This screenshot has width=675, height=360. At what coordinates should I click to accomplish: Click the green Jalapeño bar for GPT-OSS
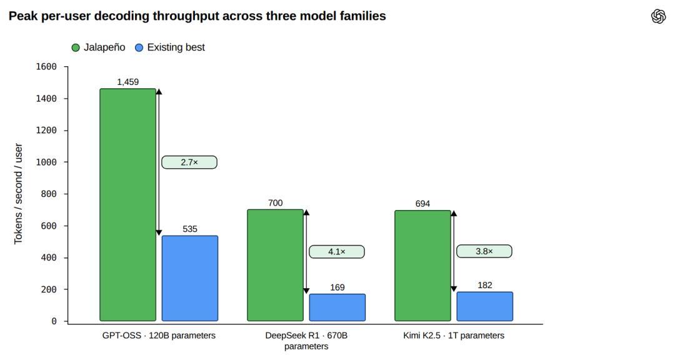[128, 204]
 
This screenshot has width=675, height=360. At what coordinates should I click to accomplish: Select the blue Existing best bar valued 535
[190, 278]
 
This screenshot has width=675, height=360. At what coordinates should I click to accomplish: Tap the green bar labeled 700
[275, 265]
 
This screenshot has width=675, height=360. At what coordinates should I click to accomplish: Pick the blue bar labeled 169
[337, 307]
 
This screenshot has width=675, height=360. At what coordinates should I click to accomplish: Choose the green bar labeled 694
[422, 266]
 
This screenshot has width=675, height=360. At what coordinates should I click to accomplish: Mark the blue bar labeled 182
[485, 307]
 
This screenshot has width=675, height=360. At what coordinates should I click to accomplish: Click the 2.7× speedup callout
[189, 162]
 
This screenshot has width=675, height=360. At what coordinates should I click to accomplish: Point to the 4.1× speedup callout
[337, 251]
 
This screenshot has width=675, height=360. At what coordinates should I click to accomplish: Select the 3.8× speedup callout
[484, 251]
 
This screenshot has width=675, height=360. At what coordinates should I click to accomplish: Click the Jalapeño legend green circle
[76, 47]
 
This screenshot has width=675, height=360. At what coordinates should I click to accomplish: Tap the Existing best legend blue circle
[139, 47]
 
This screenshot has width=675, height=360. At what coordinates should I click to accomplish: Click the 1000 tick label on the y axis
[46, 162]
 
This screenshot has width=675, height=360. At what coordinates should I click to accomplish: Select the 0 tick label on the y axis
[54, 321]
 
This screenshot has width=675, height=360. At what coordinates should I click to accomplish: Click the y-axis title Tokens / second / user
[18, 194]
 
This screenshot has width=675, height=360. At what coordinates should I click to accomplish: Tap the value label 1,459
[128, 82]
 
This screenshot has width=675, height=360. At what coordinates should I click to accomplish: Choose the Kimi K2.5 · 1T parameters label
[454, 336]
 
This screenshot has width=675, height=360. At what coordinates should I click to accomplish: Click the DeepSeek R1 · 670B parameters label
[306, 341]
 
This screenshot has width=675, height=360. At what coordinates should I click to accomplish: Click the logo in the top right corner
[658, 16]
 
